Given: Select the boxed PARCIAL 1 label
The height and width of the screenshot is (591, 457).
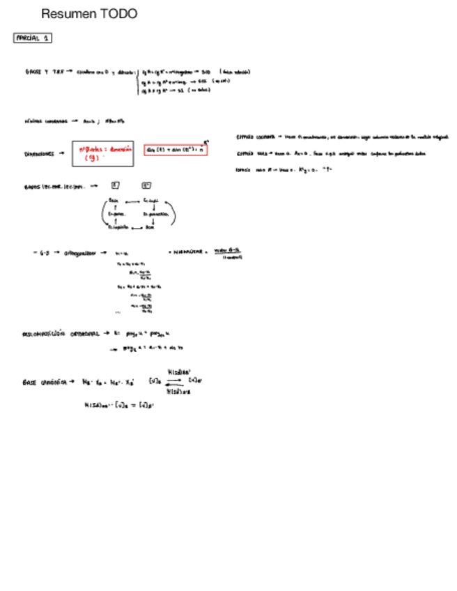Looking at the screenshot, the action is pos(33,38).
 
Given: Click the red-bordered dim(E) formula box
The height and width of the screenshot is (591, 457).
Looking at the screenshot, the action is pos(175,149).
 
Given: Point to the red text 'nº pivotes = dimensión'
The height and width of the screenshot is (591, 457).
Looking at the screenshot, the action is pos(105,148).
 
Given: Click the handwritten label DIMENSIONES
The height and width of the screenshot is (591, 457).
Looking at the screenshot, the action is pos(39,154).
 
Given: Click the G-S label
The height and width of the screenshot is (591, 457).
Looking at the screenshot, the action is pos(43,253).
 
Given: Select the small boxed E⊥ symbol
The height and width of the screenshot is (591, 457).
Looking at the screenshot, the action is pos(146,185).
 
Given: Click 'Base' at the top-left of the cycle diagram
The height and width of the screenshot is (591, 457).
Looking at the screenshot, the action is pos(114,201).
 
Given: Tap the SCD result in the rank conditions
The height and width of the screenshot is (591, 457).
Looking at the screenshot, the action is pos(206,71).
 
